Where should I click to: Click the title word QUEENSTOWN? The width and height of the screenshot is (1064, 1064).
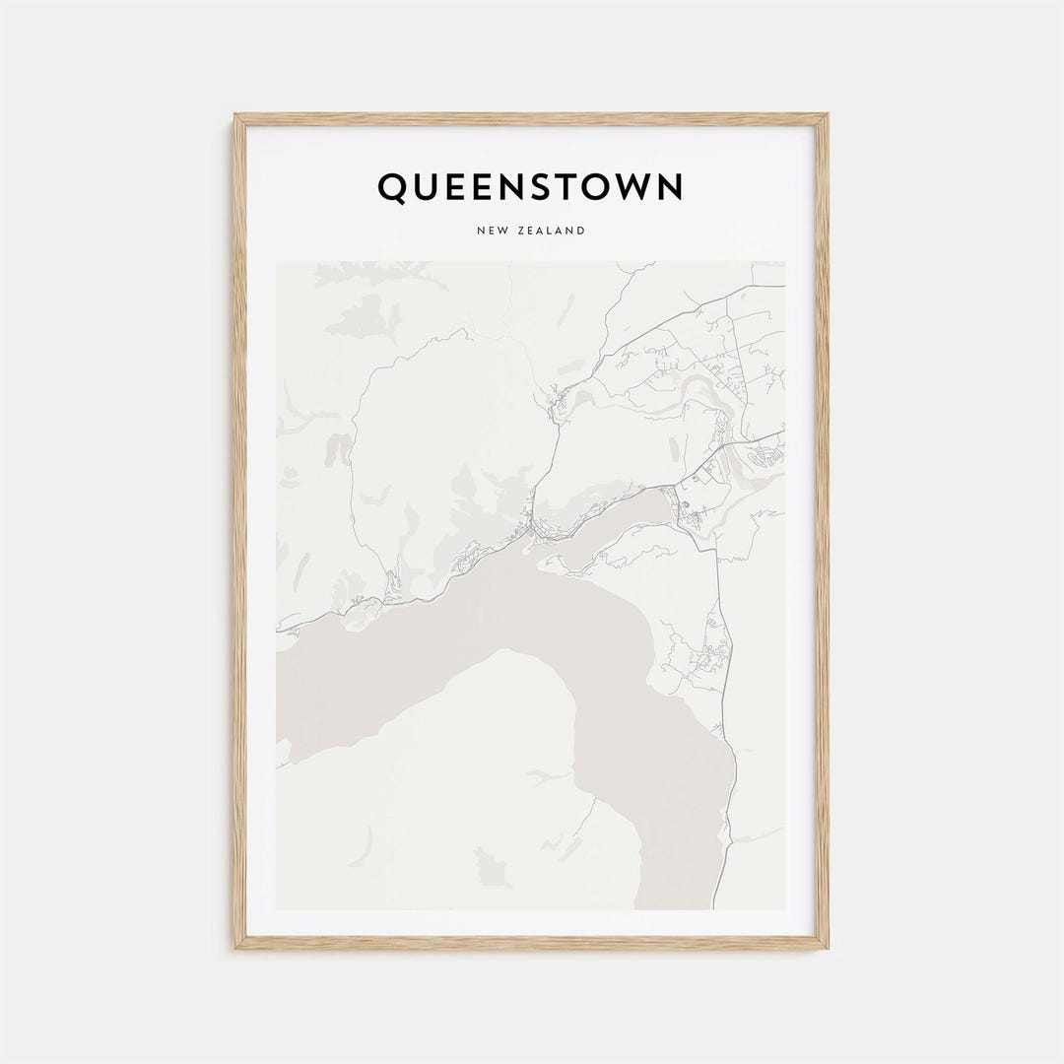530,187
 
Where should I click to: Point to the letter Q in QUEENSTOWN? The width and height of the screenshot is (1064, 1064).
392,187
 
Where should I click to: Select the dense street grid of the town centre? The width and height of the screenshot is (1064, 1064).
537,533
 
